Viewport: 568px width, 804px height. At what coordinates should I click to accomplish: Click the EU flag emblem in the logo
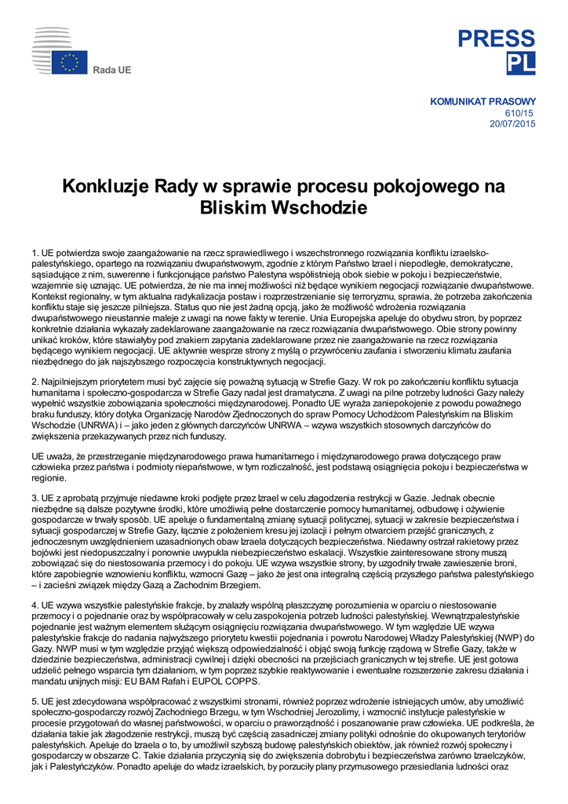pos(70,63)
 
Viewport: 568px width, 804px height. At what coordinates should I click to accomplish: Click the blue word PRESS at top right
pos(497,38)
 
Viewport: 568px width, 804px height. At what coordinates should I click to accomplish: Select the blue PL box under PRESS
pos(521,64)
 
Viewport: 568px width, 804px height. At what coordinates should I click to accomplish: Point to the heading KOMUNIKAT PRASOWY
pos(483,101)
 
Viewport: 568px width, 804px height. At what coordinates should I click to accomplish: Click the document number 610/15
pos(523,112)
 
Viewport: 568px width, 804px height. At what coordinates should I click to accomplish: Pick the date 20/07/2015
pos(512,123)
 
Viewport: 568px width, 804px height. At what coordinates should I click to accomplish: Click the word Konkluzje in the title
pos(107,187)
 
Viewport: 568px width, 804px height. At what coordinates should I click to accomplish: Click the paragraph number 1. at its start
pos(35,252)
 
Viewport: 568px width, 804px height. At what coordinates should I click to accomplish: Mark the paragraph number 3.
pos(35,497)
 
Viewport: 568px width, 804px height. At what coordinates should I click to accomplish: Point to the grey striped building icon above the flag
pos(52,38)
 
